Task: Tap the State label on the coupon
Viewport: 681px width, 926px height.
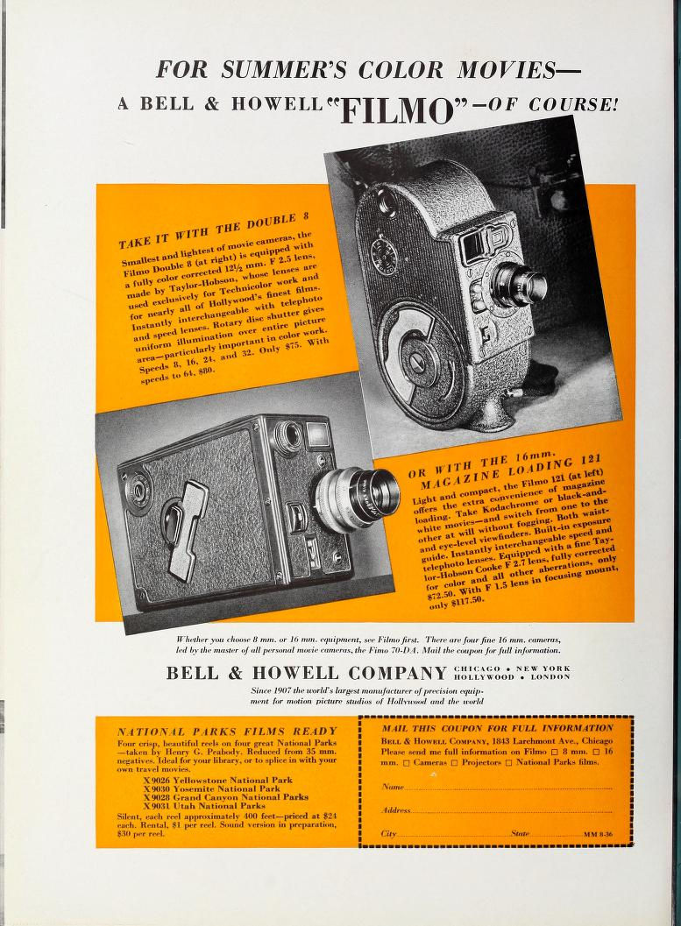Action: pos(520,834)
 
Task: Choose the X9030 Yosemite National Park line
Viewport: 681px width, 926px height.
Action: pos(224,788)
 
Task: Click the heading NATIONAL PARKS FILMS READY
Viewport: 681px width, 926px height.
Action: pos(227,731)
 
